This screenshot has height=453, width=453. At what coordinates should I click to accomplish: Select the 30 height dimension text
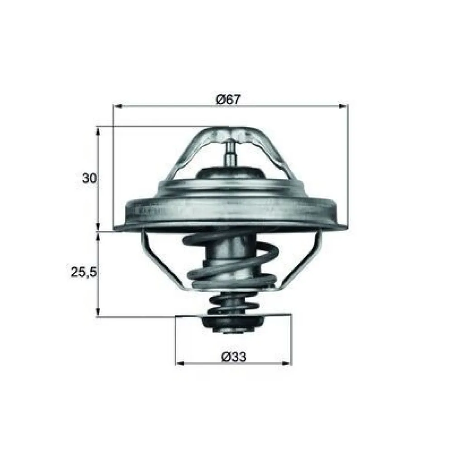(89, 178)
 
